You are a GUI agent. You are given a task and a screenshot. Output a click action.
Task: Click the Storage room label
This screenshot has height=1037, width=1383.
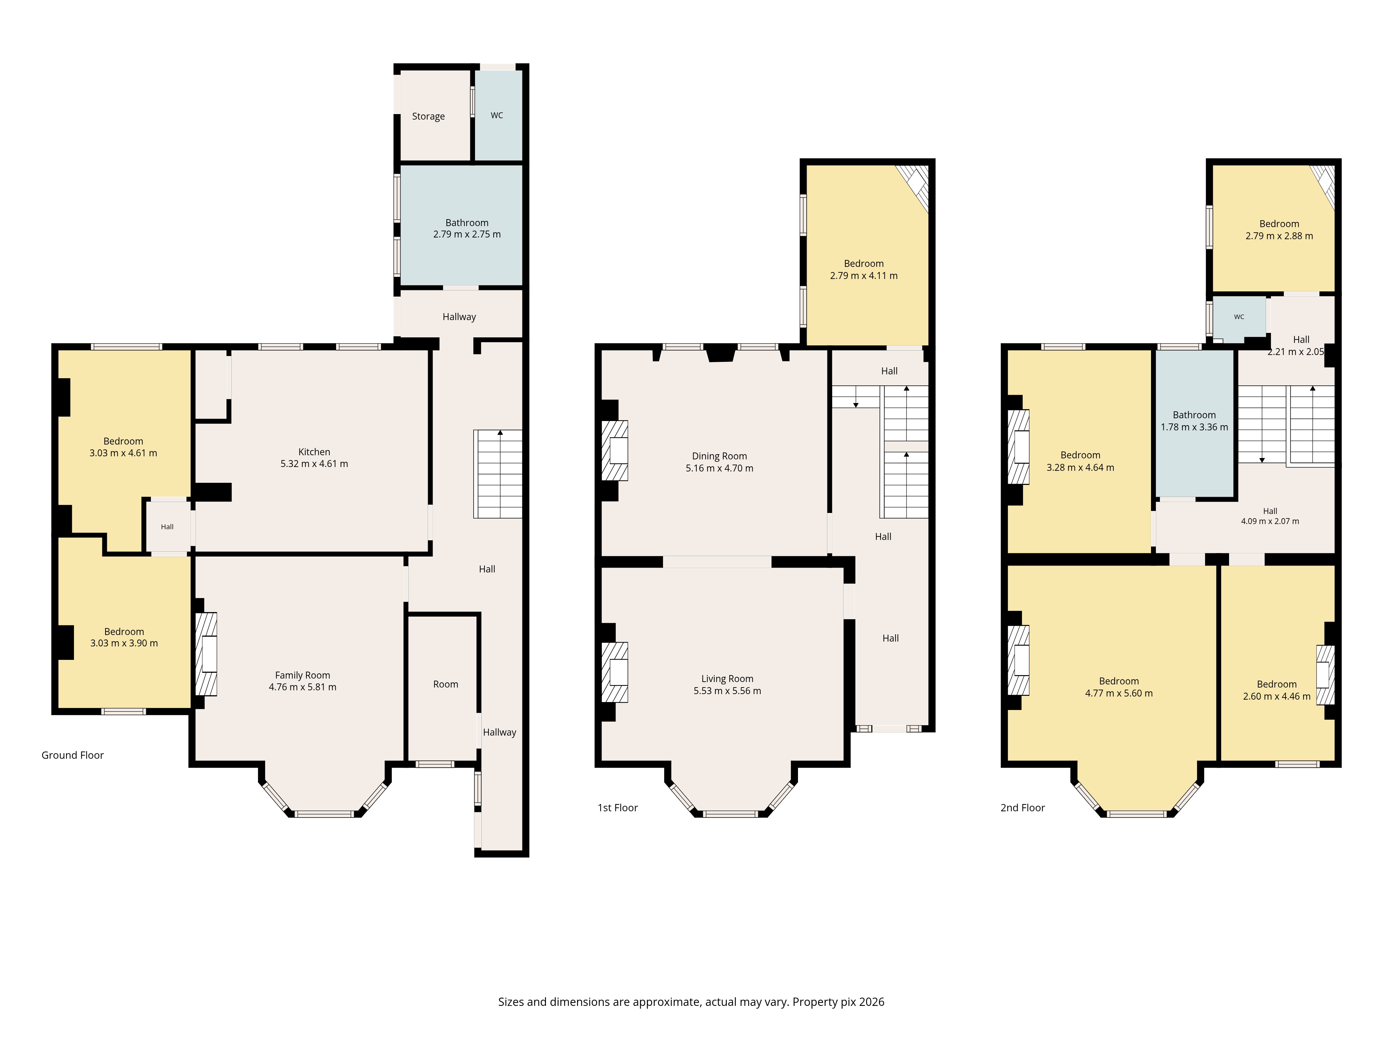(428, 116)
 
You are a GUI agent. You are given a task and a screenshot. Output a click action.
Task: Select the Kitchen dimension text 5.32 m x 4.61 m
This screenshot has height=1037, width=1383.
(315, 464)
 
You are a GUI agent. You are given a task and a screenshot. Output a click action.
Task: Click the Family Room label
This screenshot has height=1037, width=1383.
(303, 675)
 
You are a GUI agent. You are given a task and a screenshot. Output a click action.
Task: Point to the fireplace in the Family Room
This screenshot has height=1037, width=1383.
(206, 654)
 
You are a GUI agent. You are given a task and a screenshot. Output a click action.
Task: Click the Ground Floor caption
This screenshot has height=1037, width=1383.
(73, 755)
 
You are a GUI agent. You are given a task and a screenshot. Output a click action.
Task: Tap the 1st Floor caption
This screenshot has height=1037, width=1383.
(618, 807)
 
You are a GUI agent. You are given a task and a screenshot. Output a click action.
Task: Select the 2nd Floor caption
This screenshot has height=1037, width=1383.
(1023, 807)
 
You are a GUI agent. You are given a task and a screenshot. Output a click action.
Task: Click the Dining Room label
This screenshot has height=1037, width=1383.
(720, 456)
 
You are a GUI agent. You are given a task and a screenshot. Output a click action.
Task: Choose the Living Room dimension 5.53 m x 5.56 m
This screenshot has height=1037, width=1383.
(727, 691)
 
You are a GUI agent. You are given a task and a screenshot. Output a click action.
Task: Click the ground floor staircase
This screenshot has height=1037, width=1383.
(498, 474)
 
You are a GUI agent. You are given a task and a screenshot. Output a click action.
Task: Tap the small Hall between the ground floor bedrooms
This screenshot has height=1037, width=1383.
(167, 527)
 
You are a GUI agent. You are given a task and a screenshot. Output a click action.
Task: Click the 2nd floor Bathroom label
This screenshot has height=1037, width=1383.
(1194, 415)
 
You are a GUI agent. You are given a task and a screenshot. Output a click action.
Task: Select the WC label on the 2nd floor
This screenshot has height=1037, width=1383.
(1239, 317)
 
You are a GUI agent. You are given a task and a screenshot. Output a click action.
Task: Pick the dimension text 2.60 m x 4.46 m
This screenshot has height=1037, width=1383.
(1277, 696)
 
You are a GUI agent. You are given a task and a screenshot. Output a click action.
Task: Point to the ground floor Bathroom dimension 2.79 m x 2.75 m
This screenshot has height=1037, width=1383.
(467, 234)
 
